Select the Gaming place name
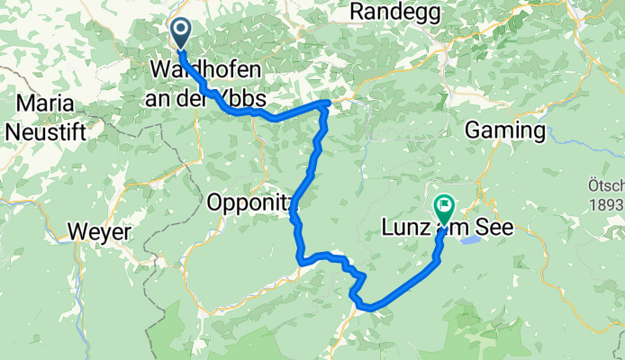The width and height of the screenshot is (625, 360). coord(505,131)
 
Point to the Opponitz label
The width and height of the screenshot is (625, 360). coord(250,202)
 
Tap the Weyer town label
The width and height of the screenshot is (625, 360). coord(99,232)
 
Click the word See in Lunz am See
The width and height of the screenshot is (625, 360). coord(494,228)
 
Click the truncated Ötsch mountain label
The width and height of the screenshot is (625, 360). coord(607,186)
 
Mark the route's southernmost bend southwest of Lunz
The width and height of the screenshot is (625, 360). coord(369,310)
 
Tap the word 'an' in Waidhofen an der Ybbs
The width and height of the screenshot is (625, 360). coord(160,97)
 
